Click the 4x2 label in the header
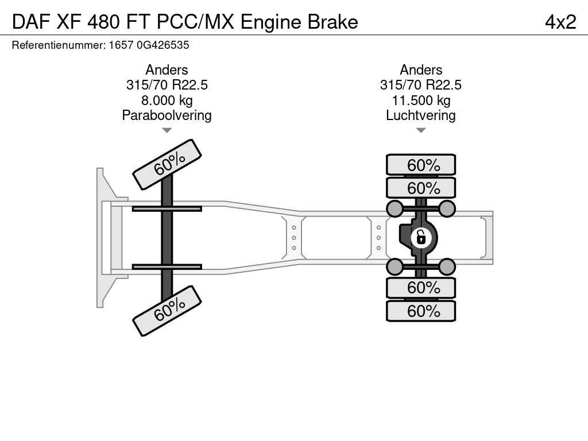click(560, 22)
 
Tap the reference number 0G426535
click(163, 45)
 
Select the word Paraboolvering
click(167, 115)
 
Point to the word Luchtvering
click(421, 115)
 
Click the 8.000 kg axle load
click(167, 100)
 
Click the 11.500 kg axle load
click(421, 100)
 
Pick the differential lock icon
click(421, 237)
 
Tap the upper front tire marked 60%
click(167, 164)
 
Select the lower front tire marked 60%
click(167, 311)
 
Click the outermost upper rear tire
click(421, 165)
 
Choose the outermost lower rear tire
click(421, 311)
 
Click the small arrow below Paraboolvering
click(167, 130)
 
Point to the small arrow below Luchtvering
click(421, 130)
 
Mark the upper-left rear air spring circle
click(395, 208)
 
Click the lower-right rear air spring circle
click(447, 266)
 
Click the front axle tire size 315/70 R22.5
click(167, 85)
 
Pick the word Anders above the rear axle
click(421, 70)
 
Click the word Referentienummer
click(58, 45)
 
